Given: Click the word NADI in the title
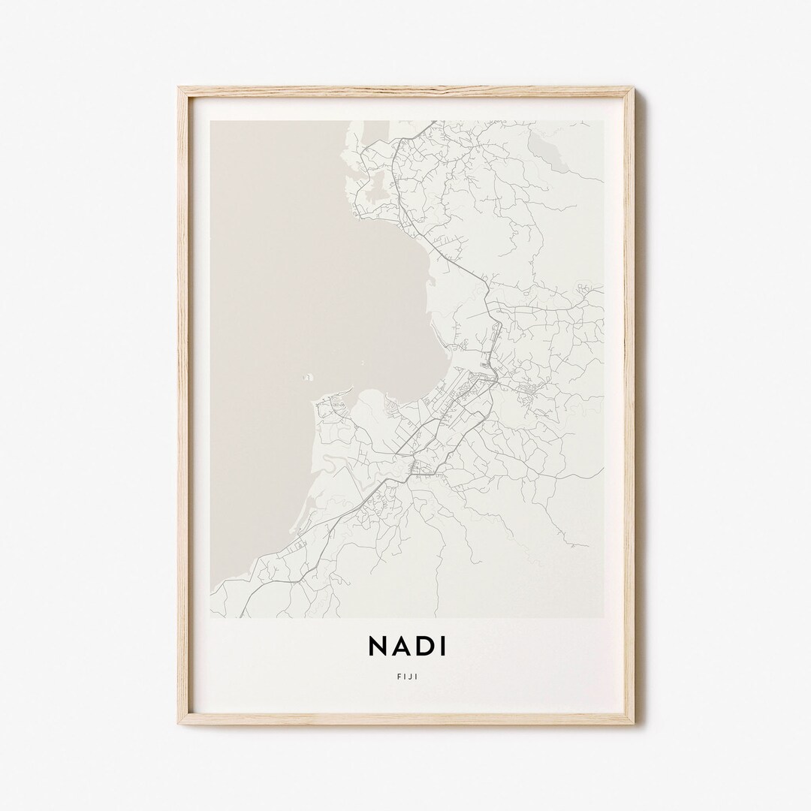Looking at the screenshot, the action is pyautogui.click(x=405, y=646).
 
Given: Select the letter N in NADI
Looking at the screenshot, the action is pyautogui.click(x=377, y=646).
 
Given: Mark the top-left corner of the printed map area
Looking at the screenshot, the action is pyautogui.click(x=212, y=120).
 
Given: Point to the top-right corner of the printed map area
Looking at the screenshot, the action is pyautogui.click(x=604, y=120).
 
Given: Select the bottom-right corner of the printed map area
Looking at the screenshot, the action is pyautogui.click(x=604, y=617).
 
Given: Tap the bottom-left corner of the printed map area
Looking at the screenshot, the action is pyautogui.click(x=212, y=617).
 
